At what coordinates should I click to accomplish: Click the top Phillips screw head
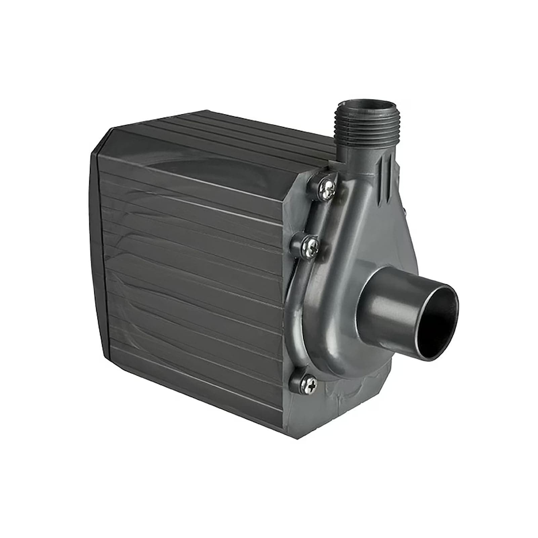coord(328,186)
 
